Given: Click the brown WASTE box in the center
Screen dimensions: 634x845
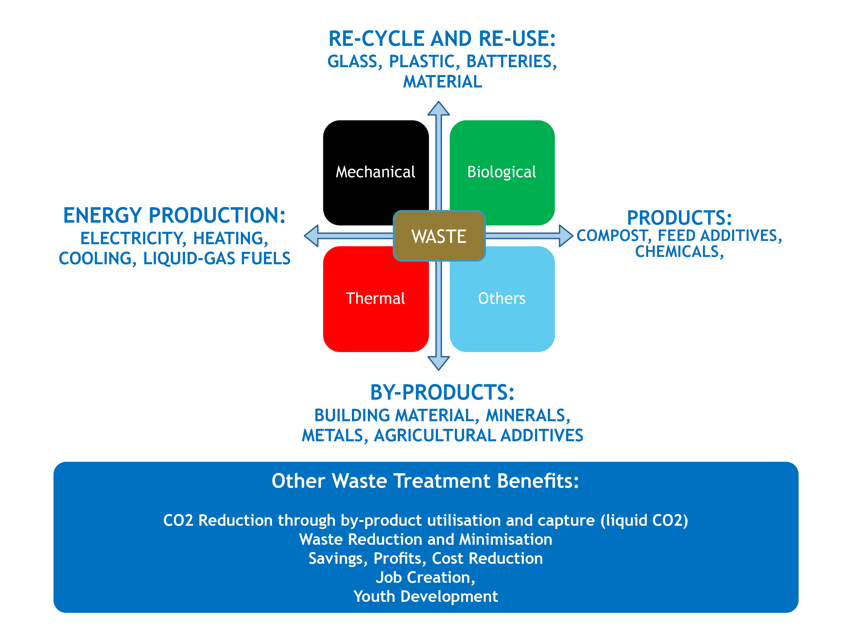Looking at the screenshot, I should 439,236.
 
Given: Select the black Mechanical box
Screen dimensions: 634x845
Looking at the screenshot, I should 375,172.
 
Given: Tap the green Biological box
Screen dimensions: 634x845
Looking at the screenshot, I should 502,172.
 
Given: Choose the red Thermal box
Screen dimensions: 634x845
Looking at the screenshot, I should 375,298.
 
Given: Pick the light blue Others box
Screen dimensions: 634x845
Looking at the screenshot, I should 502,298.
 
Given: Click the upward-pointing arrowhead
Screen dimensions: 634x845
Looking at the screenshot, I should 439,109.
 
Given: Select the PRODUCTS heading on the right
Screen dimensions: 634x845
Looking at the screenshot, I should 679,218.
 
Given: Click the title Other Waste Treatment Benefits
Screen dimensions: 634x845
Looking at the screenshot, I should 425,481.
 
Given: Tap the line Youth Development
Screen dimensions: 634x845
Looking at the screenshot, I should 426,596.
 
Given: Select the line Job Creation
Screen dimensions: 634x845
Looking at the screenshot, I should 426,577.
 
